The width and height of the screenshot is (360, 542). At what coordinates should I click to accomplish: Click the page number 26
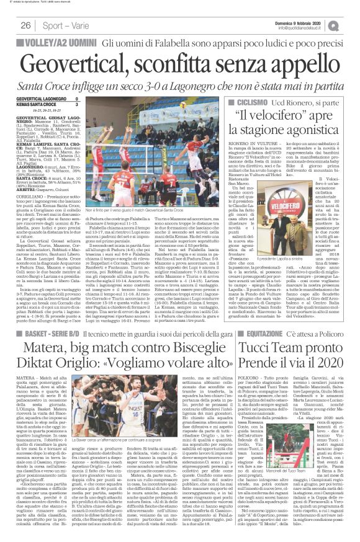[10, 25]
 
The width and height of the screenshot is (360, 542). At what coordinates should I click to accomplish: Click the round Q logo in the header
[352, 25]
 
